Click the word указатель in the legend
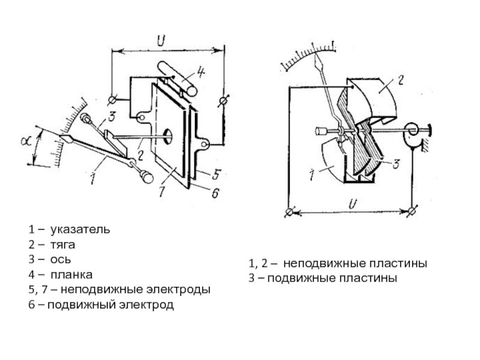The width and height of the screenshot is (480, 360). (80, 230)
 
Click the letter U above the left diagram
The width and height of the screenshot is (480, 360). (161, 41)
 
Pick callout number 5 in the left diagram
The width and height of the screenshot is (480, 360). (217, 173)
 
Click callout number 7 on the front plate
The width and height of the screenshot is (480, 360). (160, 191)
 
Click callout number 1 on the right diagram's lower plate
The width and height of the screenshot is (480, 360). (312, 175)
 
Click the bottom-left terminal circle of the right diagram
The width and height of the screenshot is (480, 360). (290, 211)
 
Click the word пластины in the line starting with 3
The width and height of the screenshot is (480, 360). (373, 278)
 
